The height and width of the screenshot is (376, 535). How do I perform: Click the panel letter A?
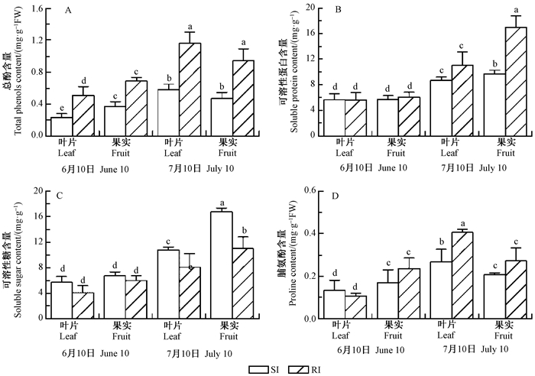(69, 11)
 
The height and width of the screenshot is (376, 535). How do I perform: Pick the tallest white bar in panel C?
(222, 264)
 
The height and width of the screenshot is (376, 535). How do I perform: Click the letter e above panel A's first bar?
(61, 108)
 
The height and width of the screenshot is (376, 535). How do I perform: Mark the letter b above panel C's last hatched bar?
(244, 230)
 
